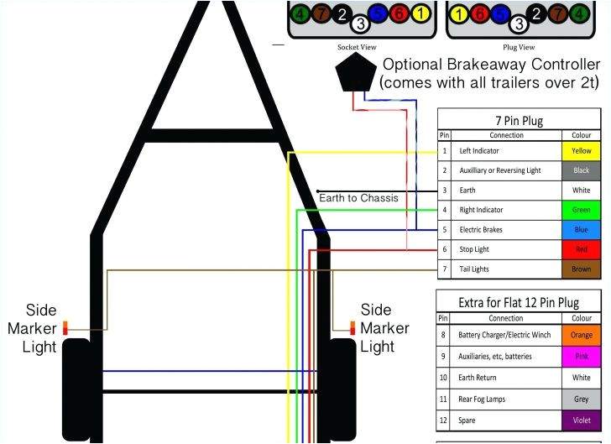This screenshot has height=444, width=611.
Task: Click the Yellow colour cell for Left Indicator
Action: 582,151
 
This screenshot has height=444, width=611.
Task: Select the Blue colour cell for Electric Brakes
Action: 582,229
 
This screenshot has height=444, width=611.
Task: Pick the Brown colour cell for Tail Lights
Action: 582,269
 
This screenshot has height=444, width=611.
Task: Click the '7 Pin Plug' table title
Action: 520,119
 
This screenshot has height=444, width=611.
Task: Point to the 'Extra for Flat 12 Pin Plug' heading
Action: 520,302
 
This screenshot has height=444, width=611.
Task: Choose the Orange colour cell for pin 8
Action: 582,336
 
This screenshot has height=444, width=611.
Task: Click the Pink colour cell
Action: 582,357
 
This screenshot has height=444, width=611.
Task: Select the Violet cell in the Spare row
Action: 582,420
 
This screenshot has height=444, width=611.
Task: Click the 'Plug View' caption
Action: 518,47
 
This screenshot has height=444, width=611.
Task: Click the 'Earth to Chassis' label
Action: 358,198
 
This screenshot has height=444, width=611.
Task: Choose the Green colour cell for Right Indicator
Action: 582,210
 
